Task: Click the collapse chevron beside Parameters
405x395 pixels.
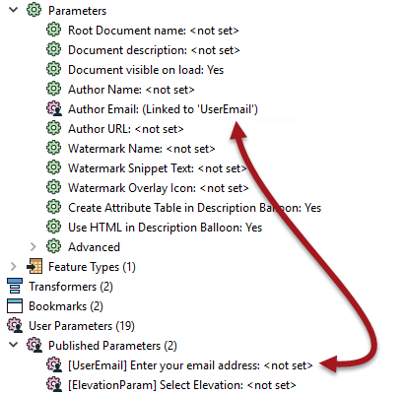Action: coord(14,10)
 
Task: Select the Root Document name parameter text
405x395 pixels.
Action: coord(153,31)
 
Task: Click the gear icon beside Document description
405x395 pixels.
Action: coord(53,49)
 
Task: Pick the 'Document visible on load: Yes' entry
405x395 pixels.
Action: coord(146,70)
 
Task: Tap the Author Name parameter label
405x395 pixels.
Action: coord(131,90)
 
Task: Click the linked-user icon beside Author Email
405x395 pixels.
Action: coord(54,108)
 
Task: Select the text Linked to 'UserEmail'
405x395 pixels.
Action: coord(200,109)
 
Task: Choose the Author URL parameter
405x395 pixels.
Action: coord(125,129)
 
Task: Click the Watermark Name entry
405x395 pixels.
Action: coord(141,149)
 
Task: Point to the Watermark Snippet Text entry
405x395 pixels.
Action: coord(157,168)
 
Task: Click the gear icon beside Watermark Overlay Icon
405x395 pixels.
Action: coord(53,187)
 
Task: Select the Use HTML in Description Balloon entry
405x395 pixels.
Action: coord(165,228)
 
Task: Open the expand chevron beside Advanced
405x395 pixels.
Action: coord(34,246)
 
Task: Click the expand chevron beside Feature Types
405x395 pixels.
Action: coord(14,266)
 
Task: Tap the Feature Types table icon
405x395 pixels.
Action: coord(34,266)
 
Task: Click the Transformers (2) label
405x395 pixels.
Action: coord(71,287)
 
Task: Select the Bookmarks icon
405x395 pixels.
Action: coord(15,305)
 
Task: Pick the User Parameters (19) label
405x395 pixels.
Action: coord(82,326)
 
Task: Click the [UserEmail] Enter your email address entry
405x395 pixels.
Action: coord(190,365)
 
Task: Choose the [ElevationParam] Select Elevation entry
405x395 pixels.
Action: coord(181,385)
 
